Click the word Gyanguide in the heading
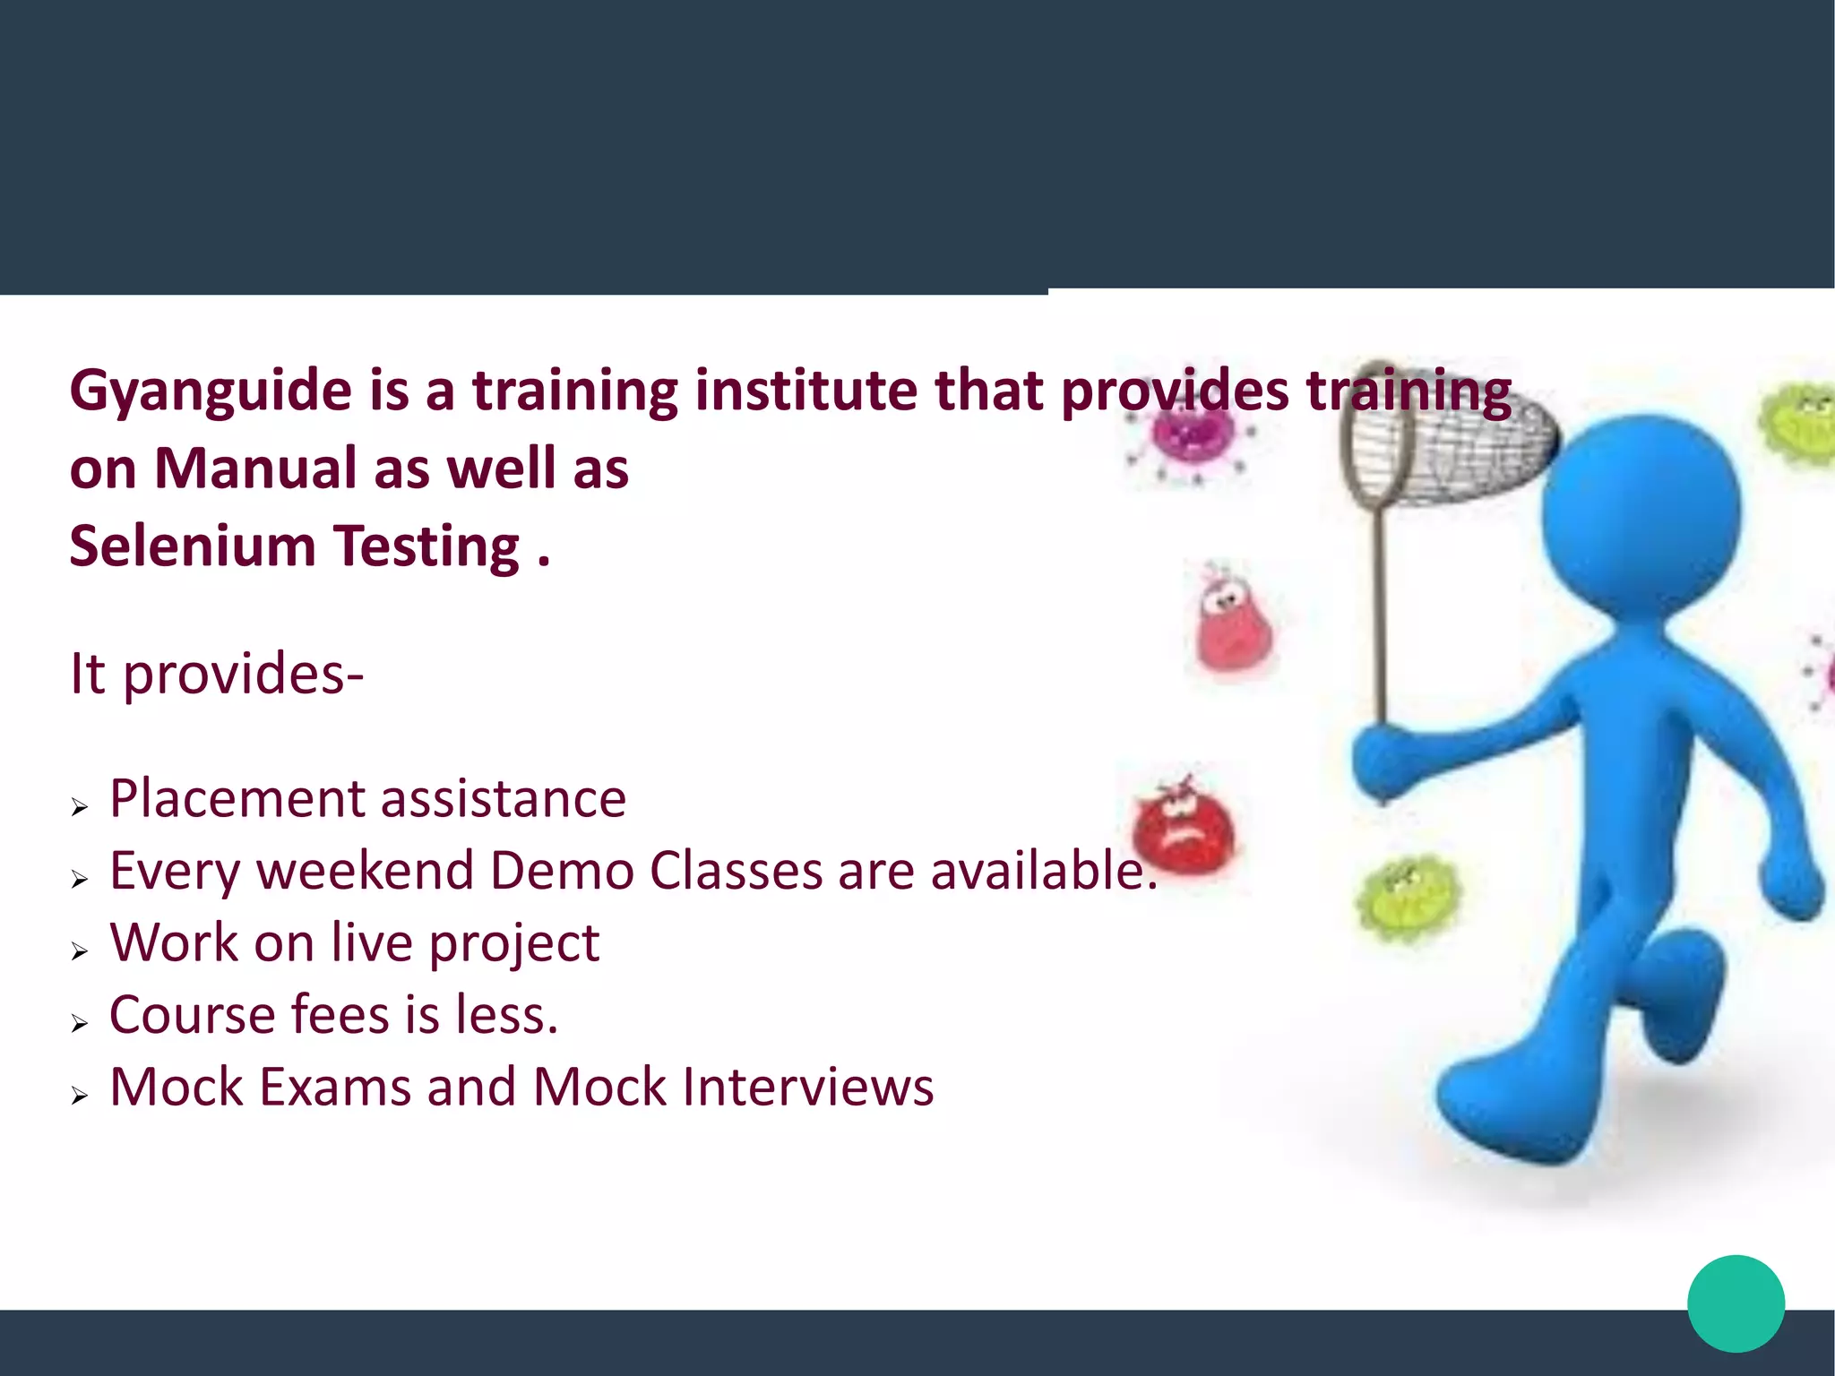coord(211,392)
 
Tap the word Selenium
coord(193,546)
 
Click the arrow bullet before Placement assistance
coord(80,807)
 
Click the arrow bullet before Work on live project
coord(80,951)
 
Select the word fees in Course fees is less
coord(339,1015)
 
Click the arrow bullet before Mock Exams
coord(80,1096)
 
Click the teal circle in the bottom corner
coord(1736,1303)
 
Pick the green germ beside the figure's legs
coord(1407,899)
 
